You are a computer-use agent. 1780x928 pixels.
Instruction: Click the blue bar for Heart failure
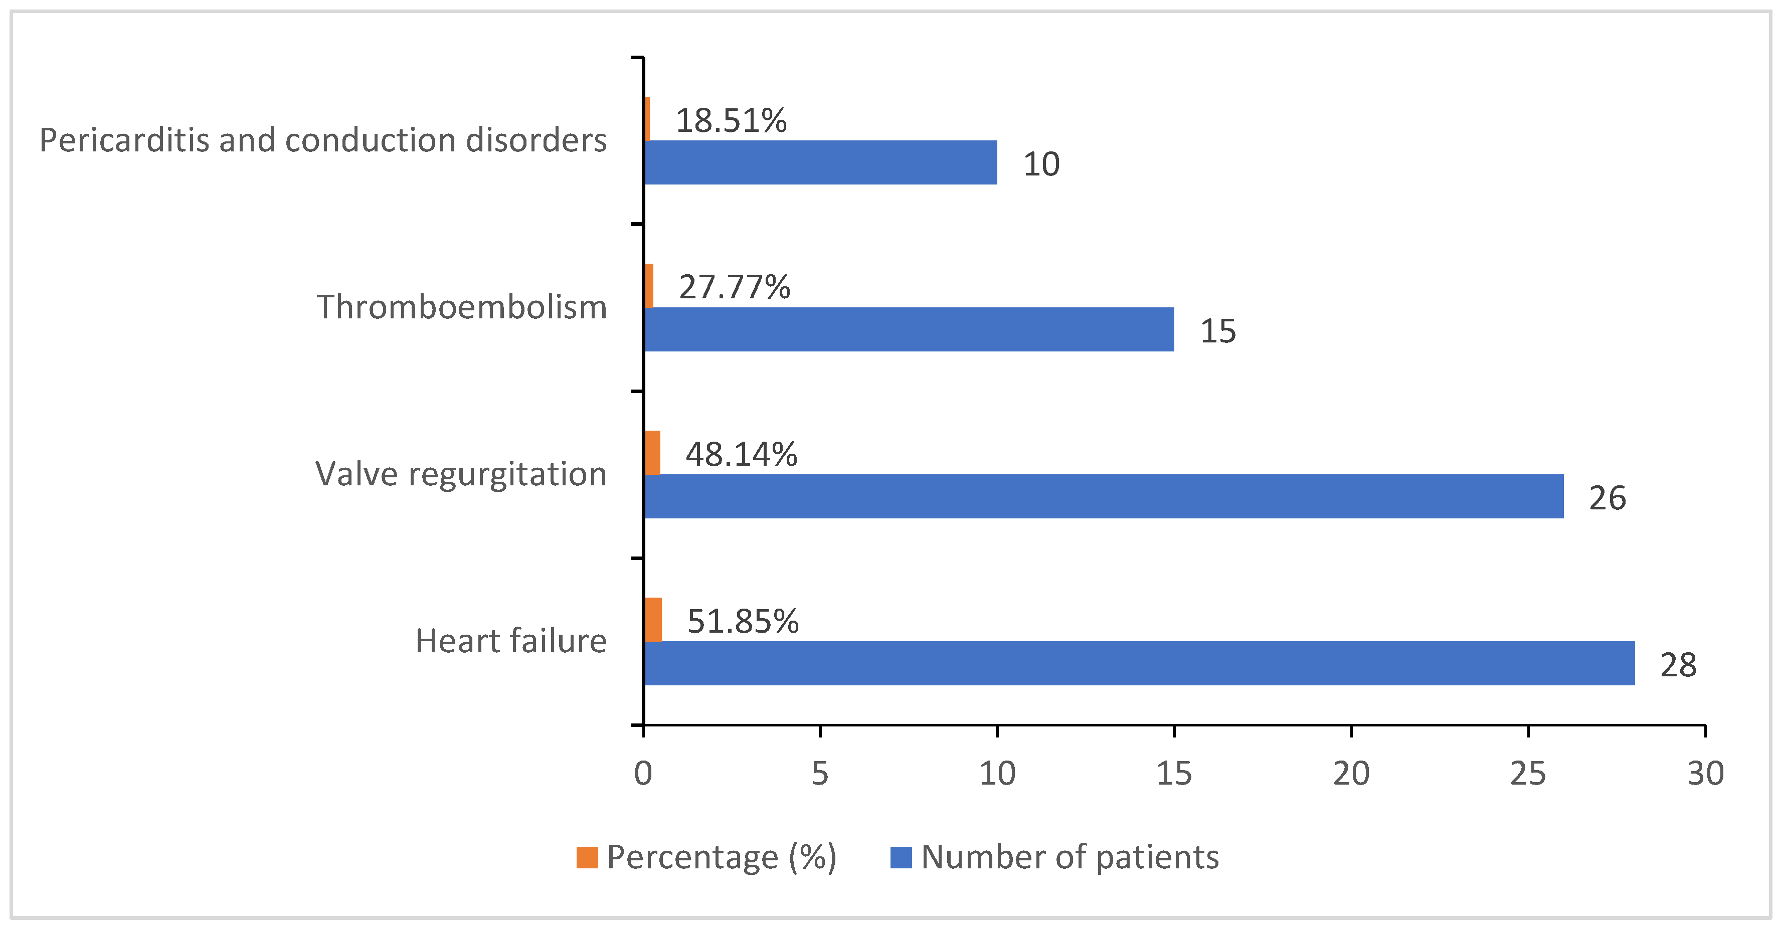click(x=1139, y=663)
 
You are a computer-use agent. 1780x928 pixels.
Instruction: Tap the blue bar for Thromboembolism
click(x=909, y=329)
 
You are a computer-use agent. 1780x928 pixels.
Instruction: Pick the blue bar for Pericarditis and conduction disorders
click(x=820, y=162)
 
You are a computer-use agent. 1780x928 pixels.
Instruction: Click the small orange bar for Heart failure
click(x=653, y=620)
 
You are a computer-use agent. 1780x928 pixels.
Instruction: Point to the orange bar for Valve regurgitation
click(x=652, y=453)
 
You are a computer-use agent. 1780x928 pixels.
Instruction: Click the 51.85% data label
click(x=743, y=621)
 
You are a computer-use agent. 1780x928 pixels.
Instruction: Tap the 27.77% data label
click(x=735, y=287)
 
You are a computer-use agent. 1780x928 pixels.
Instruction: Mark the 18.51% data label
click(x=731, y=120)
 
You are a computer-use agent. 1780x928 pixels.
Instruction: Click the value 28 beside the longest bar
click(x=1678, y=665)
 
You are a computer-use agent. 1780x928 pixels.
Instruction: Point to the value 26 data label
click(x=1607, y=497)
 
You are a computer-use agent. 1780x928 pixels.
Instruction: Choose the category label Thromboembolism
click(x=462, y=307)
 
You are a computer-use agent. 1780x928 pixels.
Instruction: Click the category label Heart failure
click(x=510, y=641)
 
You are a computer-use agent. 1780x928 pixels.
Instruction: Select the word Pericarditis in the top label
click(x=124, y=140)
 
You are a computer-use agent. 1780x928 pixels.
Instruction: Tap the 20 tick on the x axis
click(x=1351, y=773)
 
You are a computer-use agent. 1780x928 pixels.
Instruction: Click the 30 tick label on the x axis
click(x=1705, y=773)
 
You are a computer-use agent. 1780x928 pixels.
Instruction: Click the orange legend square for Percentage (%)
click(x=587, y=857)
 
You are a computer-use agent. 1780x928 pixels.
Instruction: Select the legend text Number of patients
click(x=1070, y=857)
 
